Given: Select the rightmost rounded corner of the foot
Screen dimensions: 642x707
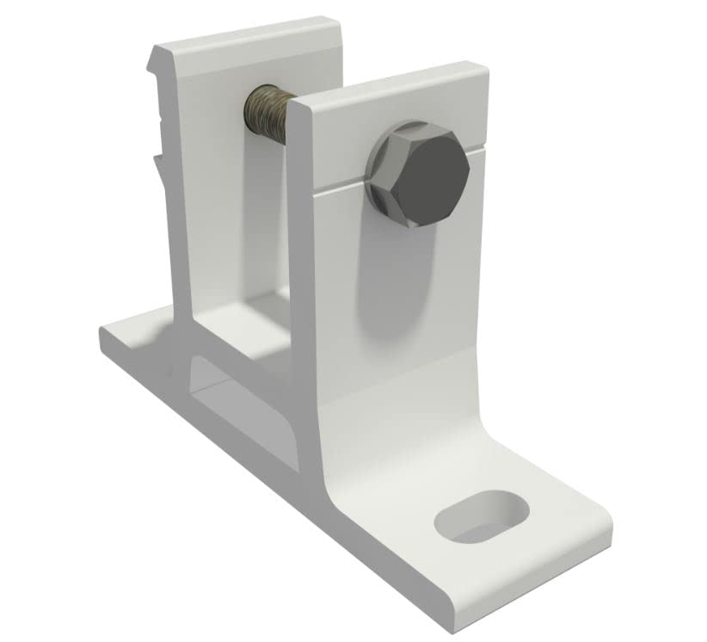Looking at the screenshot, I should (612, 525).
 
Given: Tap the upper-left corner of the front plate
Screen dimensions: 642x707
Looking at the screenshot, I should (292, 108).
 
